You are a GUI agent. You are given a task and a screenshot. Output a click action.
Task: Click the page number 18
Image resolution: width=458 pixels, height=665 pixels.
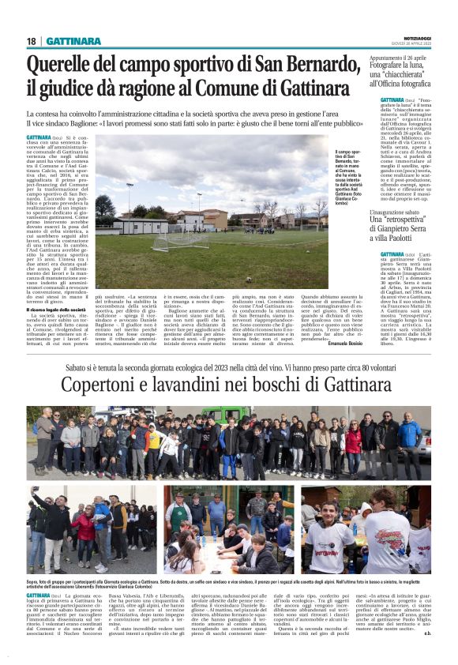click(x=32, y=41)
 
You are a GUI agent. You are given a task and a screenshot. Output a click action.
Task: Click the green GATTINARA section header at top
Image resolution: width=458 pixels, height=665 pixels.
click(x=72, y=41)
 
